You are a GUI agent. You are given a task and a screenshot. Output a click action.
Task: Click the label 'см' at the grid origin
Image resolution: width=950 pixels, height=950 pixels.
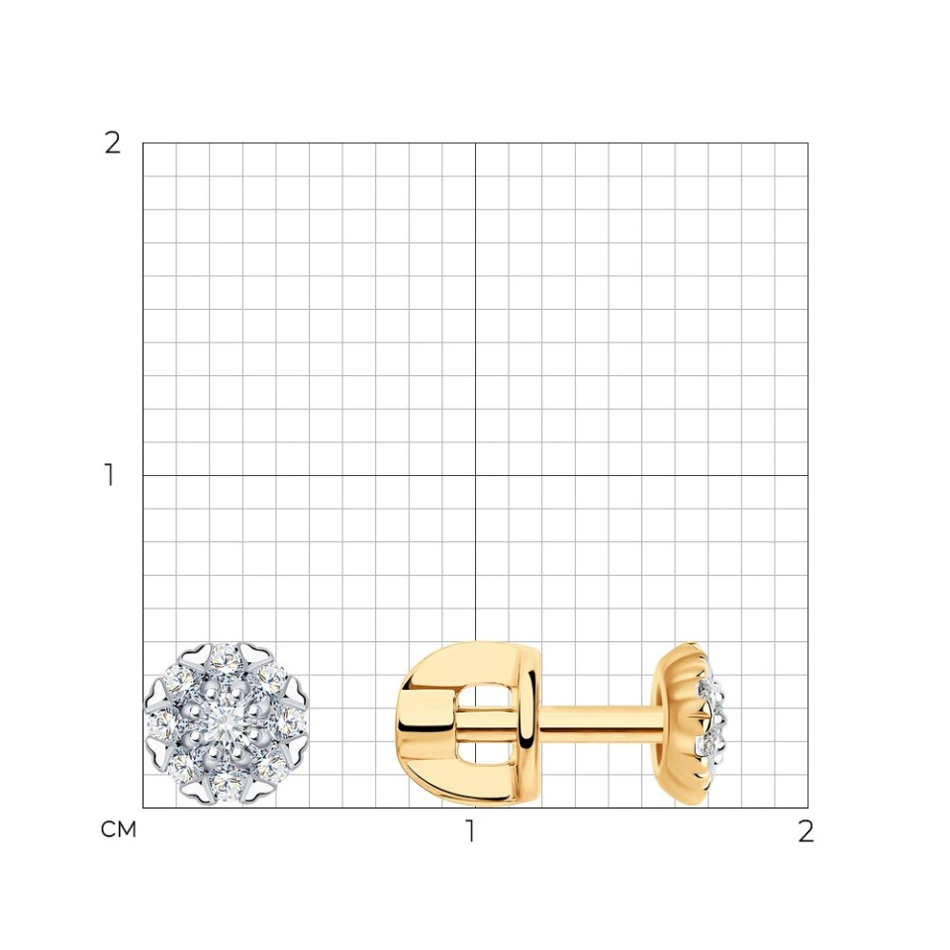point(118,829)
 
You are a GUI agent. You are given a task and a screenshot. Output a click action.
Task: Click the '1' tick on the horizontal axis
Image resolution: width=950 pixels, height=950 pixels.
point(470,831)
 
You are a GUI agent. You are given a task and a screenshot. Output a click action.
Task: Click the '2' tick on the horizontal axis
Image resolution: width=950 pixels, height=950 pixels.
point(806,831)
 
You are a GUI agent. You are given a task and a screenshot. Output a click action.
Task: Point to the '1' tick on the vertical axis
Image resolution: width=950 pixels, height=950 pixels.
point(110,475)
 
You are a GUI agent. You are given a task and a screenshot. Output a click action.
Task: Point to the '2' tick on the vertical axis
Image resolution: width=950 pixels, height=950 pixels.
point(113,143)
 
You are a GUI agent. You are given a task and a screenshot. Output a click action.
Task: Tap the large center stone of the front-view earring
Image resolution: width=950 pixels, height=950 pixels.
point(226,722)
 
